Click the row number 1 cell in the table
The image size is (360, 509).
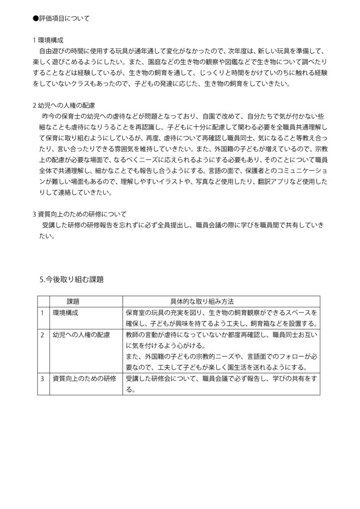click(x=43, y=313)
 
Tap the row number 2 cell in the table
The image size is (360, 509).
click(x=43, y=335)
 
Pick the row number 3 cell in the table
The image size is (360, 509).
click(x=43, y=379)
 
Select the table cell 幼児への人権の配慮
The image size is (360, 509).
click(x=81, y=335)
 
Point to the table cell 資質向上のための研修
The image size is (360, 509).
click(x=85, y=379)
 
